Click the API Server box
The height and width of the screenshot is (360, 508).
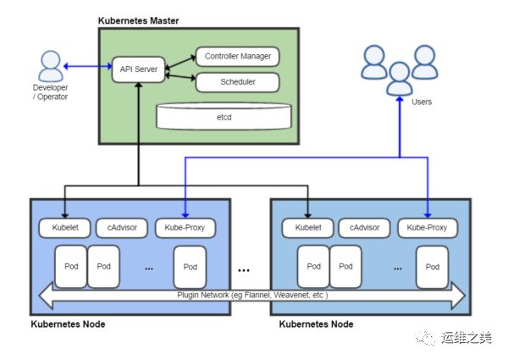coord(139,69)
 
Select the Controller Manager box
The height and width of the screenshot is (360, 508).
coord(238,57)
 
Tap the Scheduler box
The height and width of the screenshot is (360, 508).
coord(238,82)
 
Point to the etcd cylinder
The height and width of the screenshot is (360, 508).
coord(224,116)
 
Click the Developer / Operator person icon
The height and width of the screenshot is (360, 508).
coord(51,66)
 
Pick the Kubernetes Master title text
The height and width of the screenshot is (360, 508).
coord(138,20)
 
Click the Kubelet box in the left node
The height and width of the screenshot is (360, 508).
coord(65,228)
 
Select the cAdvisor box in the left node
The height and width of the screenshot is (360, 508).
coord(122,228)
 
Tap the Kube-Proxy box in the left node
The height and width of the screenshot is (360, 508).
coord(185,228)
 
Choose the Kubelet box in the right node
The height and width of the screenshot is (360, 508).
coord(308,228)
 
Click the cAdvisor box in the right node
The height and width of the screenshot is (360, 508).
coord(364,228)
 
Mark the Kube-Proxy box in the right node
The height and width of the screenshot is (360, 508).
coord(428,228)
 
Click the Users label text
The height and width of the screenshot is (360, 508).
coord(422,102)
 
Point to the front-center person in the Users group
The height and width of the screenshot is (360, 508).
coord(400,79)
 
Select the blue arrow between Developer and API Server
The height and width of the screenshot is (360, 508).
coord(88,66)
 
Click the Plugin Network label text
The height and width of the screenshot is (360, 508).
coord(252,295)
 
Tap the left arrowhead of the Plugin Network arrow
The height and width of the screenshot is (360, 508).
coord(46,295)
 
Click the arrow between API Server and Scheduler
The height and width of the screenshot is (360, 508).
coord(180,77)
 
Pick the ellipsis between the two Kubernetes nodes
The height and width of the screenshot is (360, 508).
coord(244,270)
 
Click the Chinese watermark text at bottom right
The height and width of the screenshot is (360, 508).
coord(467,338)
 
